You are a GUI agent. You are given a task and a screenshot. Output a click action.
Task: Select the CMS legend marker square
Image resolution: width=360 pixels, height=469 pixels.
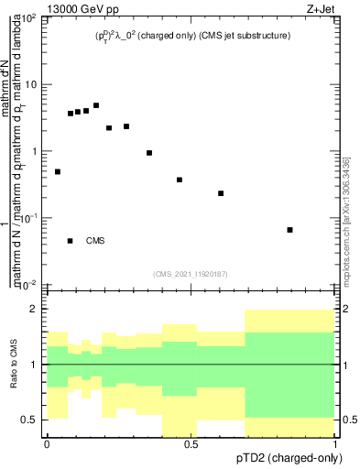pyautogui.click(x=71, y=241)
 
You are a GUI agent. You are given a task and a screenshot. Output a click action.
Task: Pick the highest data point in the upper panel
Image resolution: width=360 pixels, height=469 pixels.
pyautogui.click(x=96, y=105)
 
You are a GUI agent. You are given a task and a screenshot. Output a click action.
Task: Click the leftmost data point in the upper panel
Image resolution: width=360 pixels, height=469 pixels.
pyautogui.click(x=58, y=171)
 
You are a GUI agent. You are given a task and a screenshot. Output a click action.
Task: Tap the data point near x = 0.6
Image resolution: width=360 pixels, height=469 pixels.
pyautogui.click(x=221, y=193)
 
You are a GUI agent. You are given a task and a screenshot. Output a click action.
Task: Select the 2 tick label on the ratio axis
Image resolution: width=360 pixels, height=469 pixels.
pyautogui.click(x=34, y=309)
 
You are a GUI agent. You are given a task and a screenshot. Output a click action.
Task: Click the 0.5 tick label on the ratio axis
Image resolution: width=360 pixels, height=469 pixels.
pyautogui.click(x=29, y=420)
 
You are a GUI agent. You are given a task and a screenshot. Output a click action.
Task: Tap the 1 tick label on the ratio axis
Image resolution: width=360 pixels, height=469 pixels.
pyautogui.click(x=34, y=365)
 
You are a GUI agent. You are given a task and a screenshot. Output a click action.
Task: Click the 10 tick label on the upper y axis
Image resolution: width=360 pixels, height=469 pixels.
pyautogui.click(x=30, y=85)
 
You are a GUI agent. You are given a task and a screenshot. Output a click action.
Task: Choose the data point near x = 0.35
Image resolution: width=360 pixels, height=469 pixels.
pyautogui.click(x=149, y=153)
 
